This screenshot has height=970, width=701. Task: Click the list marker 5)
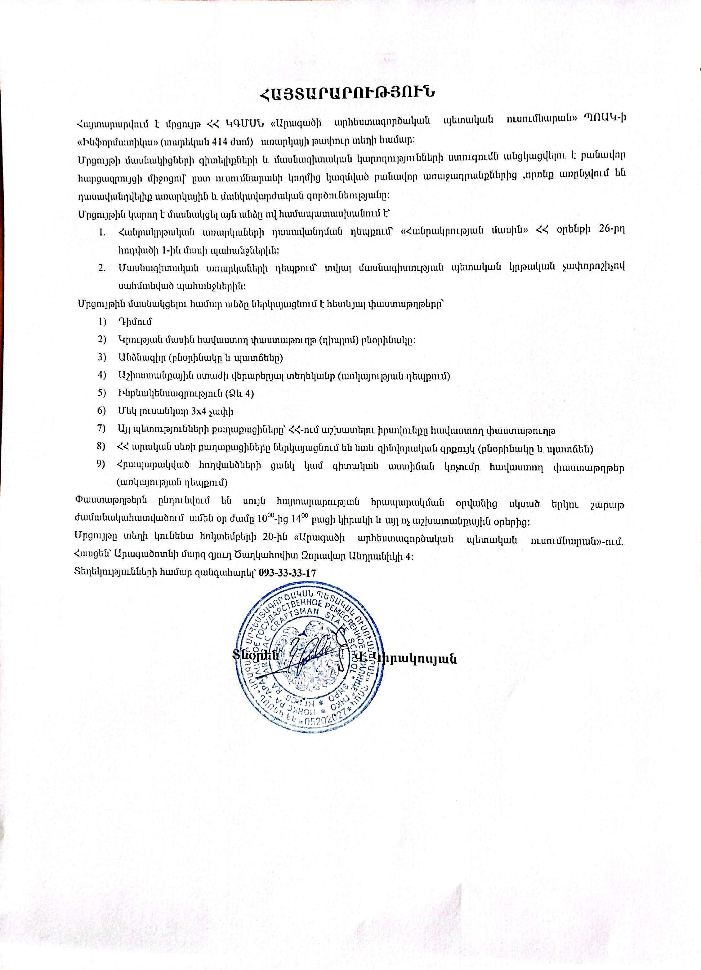101,393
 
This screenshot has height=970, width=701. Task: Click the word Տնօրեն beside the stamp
256,654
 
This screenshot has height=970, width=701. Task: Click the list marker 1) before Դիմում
101,321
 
